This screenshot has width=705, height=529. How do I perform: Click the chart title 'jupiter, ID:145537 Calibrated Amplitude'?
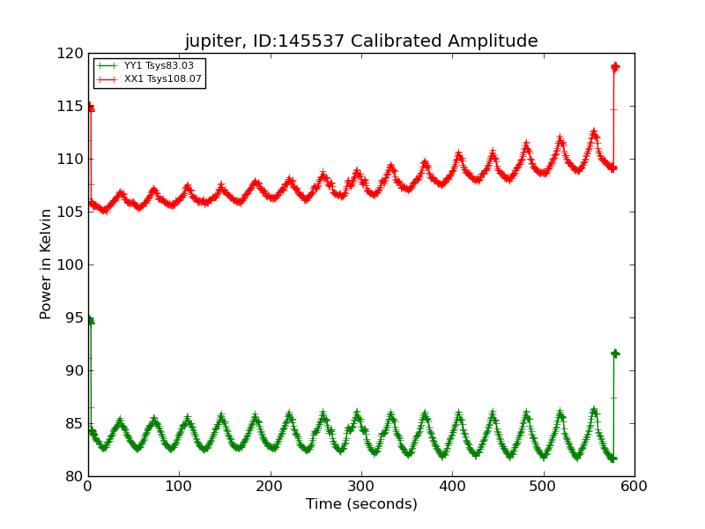click(x=361, y=41)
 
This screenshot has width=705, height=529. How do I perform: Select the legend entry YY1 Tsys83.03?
click(x=159, y=66)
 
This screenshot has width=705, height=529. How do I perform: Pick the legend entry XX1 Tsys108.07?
click(x=162, y=79)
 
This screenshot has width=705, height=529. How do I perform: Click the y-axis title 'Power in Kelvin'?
click(x=47, y=264)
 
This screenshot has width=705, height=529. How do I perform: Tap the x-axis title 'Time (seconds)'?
click(x=361, y=504)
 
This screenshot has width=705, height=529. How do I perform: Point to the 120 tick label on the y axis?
click(x=69, y=54)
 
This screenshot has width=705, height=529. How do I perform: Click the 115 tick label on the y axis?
click(x=69, y=107)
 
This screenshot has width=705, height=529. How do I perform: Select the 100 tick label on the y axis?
click(x=69, y=265)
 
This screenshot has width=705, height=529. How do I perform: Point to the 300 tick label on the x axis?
click(x=361, y=486)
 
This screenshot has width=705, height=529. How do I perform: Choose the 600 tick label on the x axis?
click(x=634, y=486)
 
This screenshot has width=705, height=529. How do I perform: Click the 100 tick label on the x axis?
click(x=179, y=486)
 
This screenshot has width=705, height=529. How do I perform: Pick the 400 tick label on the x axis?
click(x=452, y=486)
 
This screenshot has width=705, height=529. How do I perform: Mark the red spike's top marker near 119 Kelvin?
click(x=615, y=67)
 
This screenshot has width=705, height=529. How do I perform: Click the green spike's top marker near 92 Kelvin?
click(x=614, y=354)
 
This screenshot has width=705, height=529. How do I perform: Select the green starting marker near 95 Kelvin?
click(x=90, y=321)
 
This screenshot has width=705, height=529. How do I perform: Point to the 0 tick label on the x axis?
click(x=88, y=486)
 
